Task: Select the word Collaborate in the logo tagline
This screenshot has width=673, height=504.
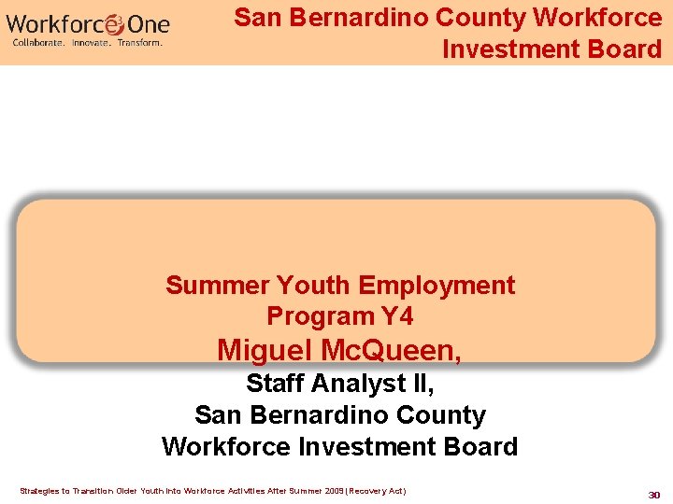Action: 38,43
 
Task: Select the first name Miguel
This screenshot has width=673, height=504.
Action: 265,350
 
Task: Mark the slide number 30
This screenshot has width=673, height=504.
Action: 655,494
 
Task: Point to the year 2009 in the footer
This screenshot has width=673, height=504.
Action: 334,491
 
